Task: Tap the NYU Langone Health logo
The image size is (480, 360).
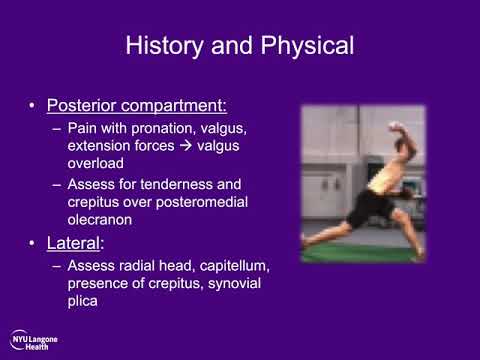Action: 34,339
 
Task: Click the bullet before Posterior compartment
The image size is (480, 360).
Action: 33,106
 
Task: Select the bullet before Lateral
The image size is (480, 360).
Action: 33,244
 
